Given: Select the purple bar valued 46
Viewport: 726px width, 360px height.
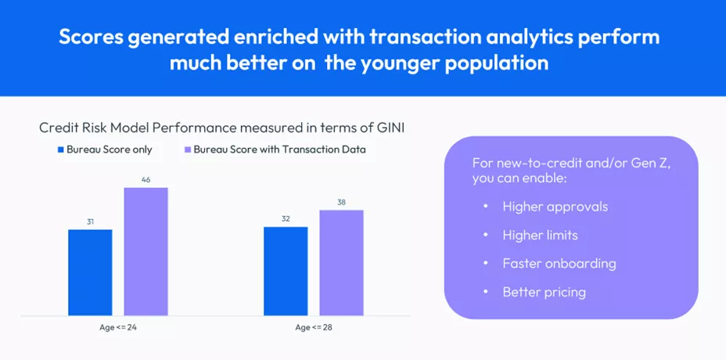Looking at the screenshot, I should click(146, 251).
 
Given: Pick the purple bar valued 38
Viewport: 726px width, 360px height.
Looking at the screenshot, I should click(341, 263).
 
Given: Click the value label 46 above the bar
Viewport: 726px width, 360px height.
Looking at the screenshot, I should click(146, 180).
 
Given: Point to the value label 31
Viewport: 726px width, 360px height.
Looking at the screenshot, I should click(90, 222).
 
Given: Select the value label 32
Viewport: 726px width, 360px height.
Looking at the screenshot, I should click(286, 219).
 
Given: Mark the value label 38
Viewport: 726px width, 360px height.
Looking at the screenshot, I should click(341, 202).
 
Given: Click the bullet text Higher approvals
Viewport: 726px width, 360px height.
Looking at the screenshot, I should click(555, 207).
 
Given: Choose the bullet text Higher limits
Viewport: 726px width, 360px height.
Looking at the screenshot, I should click(540, 236).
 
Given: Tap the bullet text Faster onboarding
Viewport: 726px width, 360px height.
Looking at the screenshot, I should click(559, 264).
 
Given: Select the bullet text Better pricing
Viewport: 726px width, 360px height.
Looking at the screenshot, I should click(544, 292).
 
